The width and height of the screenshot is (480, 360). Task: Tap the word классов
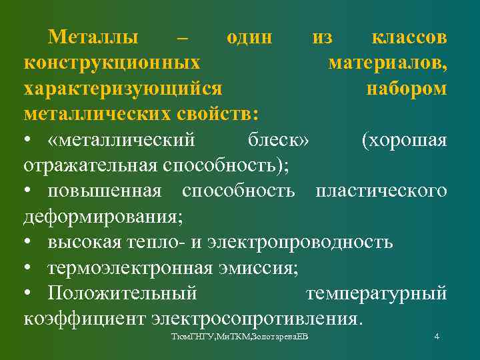[x=408, y=37]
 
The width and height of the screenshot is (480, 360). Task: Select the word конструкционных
[x=112, y=63]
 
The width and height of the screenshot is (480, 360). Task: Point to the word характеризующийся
[x=123, y=89]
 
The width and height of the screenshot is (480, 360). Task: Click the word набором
[x=407, y=89]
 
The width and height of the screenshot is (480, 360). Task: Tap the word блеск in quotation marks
[x=278, y=140]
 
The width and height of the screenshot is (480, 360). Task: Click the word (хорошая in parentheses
[x=404, y=140]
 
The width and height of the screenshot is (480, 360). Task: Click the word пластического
[x=381, y=191]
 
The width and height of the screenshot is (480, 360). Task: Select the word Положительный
[x=122, y=293]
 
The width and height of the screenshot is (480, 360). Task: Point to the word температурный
[x=376, y=293]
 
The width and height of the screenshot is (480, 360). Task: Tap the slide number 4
[x=436, y=337]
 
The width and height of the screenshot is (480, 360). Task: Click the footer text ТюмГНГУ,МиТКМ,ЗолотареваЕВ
[x=241, y=338]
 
